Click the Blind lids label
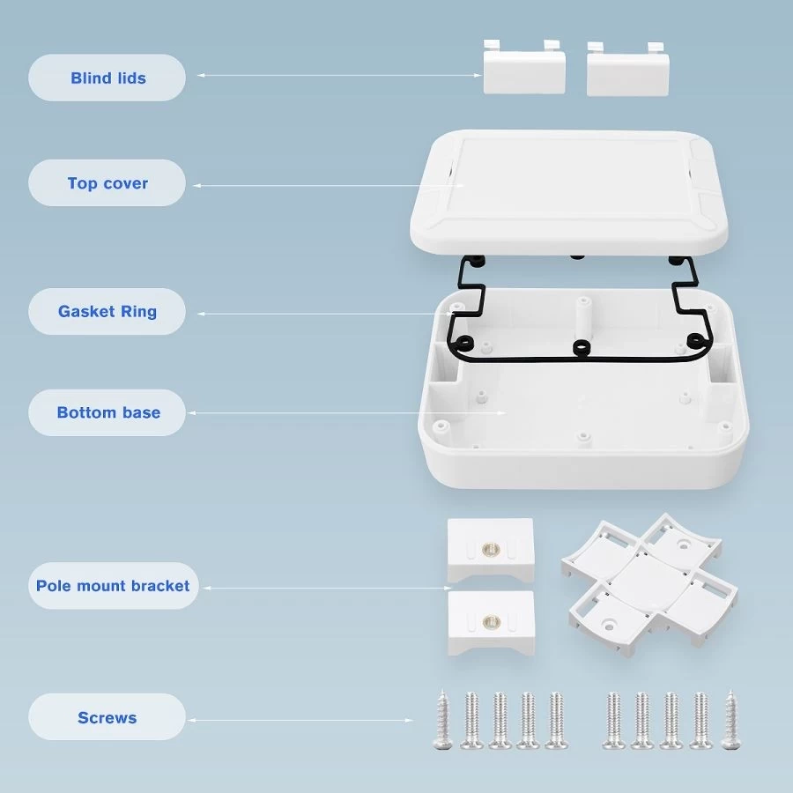pos(107,78)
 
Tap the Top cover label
pos(107,183)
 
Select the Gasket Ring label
pos(107,312)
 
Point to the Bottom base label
pos(107,412)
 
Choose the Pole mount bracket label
pos(114,586)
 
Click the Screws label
pos(107,717)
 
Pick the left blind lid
pos(524,68)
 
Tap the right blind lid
pos(627,70)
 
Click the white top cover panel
pos(568,192)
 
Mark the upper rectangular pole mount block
pos(491,550)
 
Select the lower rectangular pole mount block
pos(491,623)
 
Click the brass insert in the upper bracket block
pos(490,549)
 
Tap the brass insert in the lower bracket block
pos(491,621)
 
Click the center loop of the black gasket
pos(582,348)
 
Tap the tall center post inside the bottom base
pos(584,319)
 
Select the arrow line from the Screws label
pos(300,720)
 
